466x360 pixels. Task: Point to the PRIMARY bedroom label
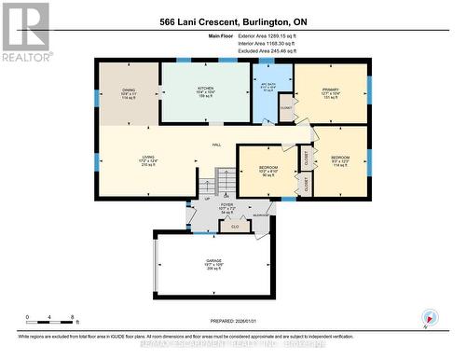pos(331,90)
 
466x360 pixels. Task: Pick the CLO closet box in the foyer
pos(235,226)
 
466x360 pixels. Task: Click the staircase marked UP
pos(224,180)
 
